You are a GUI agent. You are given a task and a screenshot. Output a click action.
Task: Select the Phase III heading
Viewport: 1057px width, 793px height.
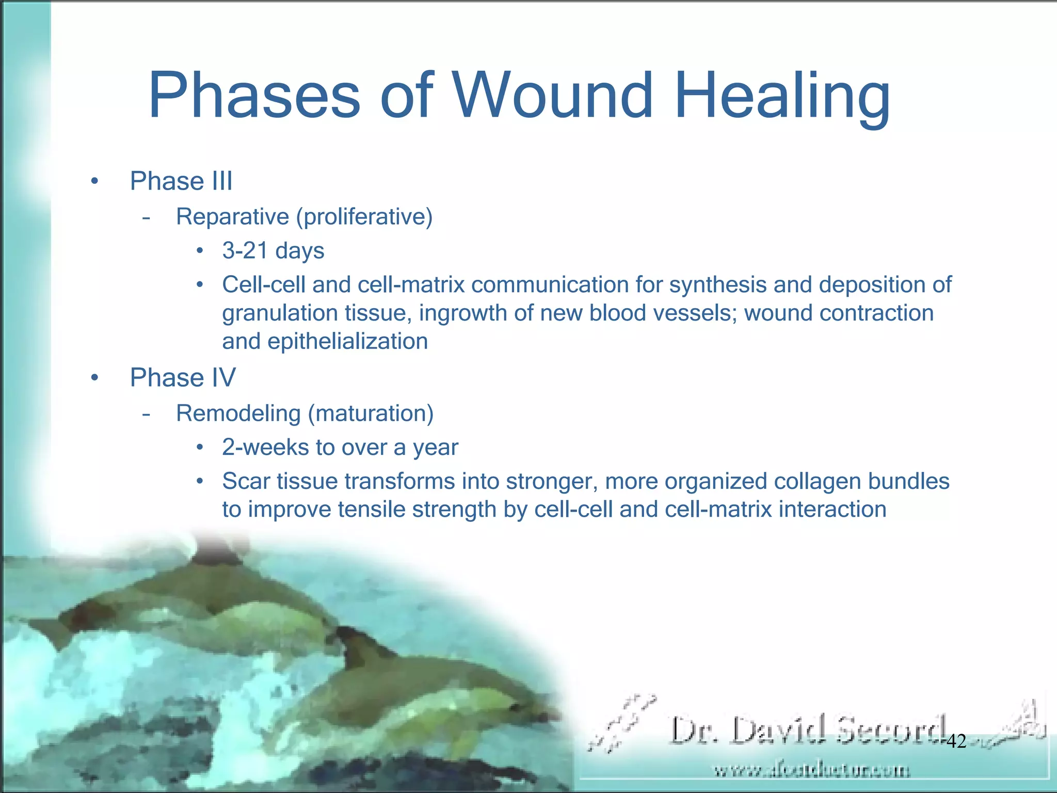[181, 181]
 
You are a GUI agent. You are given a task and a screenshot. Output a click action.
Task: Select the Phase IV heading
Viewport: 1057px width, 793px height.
[182, 377]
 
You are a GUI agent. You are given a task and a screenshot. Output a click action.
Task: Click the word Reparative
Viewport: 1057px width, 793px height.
[232, 217]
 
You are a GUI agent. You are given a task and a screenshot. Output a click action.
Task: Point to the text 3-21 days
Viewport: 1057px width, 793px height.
[273, 251]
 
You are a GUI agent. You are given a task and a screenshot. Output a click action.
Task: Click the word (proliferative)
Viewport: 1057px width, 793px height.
[364, 217]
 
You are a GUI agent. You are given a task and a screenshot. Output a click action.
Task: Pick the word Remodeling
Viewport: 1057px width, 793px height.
[238, 414]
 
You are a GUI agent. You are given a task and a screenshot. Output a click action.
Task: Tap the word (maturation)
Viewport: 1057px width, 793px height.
[371, 414]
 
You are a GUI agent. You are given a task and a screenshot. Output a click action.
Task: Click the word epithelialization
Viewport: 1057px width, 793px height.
[347, 341]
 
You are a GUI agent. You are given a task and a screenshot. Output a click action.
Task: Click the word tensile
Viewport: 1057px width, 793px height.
[371, 510]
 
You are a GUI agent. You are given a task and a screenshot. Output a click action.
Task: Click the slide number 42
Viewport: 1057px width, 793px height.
[956, 741]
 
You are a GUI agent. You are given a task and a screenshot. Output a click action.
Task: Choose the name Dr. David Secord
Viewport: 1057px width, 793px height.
[808, 730]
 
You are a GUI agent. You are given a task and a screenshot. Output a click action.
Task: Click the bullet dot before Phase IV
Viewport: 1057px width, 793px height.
[94, 378]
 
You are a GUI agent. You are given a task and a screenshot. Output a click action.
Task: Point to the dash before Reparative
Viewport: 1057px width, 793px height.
[147, 217]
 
